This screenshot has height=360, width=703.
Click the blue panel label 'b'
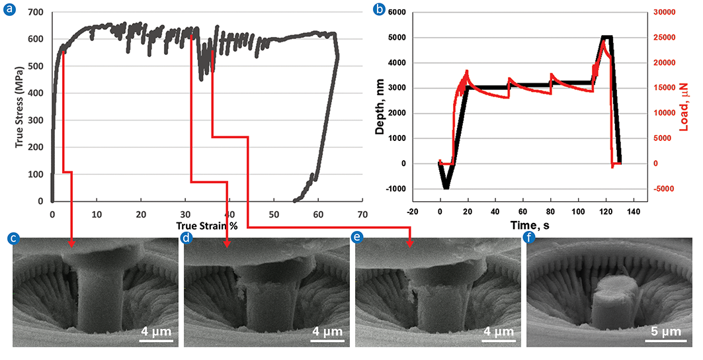pos(379,9)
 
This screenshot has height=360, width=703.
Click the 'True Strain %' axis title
pos(206,226)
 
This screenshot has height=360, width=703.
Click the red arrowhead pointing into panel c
pos(71,244)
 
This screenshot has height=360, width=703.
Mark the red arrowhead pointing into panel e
pos(410,244)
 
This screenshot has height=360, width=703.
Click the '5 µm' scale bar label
pos(668,332)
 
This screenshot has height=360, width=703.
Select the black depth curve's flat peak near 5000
pos(606,38)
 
